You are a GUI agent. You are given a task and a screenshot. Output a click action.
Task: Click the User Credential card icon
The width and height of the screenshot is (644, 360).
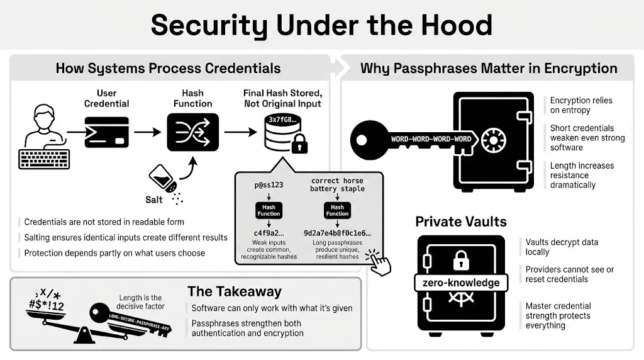106,132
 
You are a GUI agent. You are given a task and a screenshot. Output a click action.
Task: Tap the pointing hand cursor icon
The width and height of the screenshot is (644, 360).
379,263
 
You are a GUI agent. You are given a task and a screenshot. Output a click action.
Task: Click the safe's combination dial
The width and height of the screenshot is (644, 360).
494,139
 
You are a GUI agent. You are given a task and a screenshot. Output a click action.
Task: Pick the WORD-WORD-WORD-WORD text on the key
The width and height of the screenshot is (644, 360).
431,139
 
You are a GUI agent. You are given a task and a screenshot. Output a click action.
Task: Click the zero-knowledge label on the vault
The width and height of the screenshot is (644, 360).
462,283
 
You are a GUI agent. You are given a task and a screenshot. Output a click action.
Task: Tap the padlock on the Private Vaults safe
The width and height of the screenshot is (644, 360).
462,260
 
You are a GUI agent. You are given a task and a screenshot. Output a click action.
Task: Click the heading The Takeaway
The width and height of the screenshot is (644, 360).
234,291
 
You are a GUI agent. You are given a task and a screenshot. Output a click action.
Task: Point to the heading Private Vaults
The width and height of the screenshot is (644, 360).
461,222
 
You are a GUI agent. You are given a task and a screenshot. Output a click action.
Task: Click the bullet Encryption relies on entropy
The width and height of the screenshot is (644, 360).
580,105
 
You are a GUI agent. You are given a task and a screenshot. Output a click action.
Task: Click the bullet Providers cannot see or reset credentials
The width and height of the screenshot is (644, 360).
569,274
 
